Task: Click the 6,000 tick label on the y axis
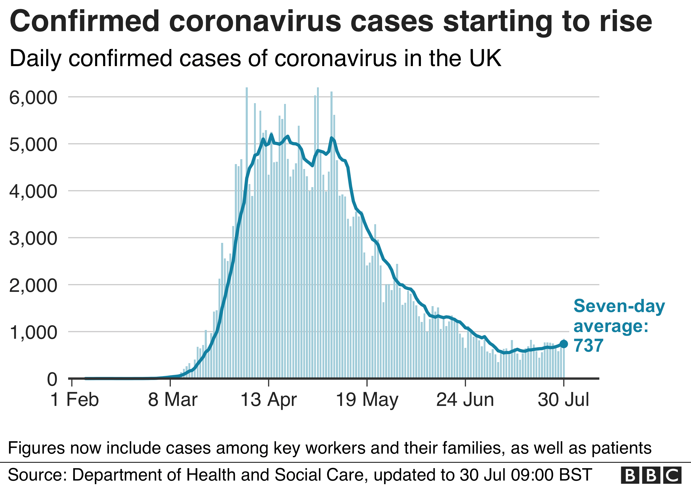(x=33, y=97)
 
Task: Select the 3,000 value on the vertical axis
(x=33, y=238)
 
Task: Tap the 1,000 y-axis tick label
(x=33, y=332)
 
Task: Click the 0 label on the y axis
(x=52, y=379)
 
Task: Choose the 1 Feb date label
(x=74, y=400)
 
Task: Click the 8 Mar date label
(x=172, y=400)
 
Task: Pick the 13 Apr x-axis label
(x=269, y=400)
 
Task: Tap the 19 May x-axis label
(x=367, y=400)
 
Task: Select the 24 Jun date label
(x=465, y=400)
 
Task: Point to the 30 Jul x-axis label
(x=563, y=400)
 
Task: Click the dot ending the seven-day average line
(x=563, y=344)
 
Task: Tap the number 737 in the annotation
(x=588, y=346)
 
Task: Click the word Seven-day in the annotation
(x=619, y=307)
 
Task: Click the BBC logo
(x=651, y=475)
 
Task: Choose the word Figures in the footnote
(x=37, y=448)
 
